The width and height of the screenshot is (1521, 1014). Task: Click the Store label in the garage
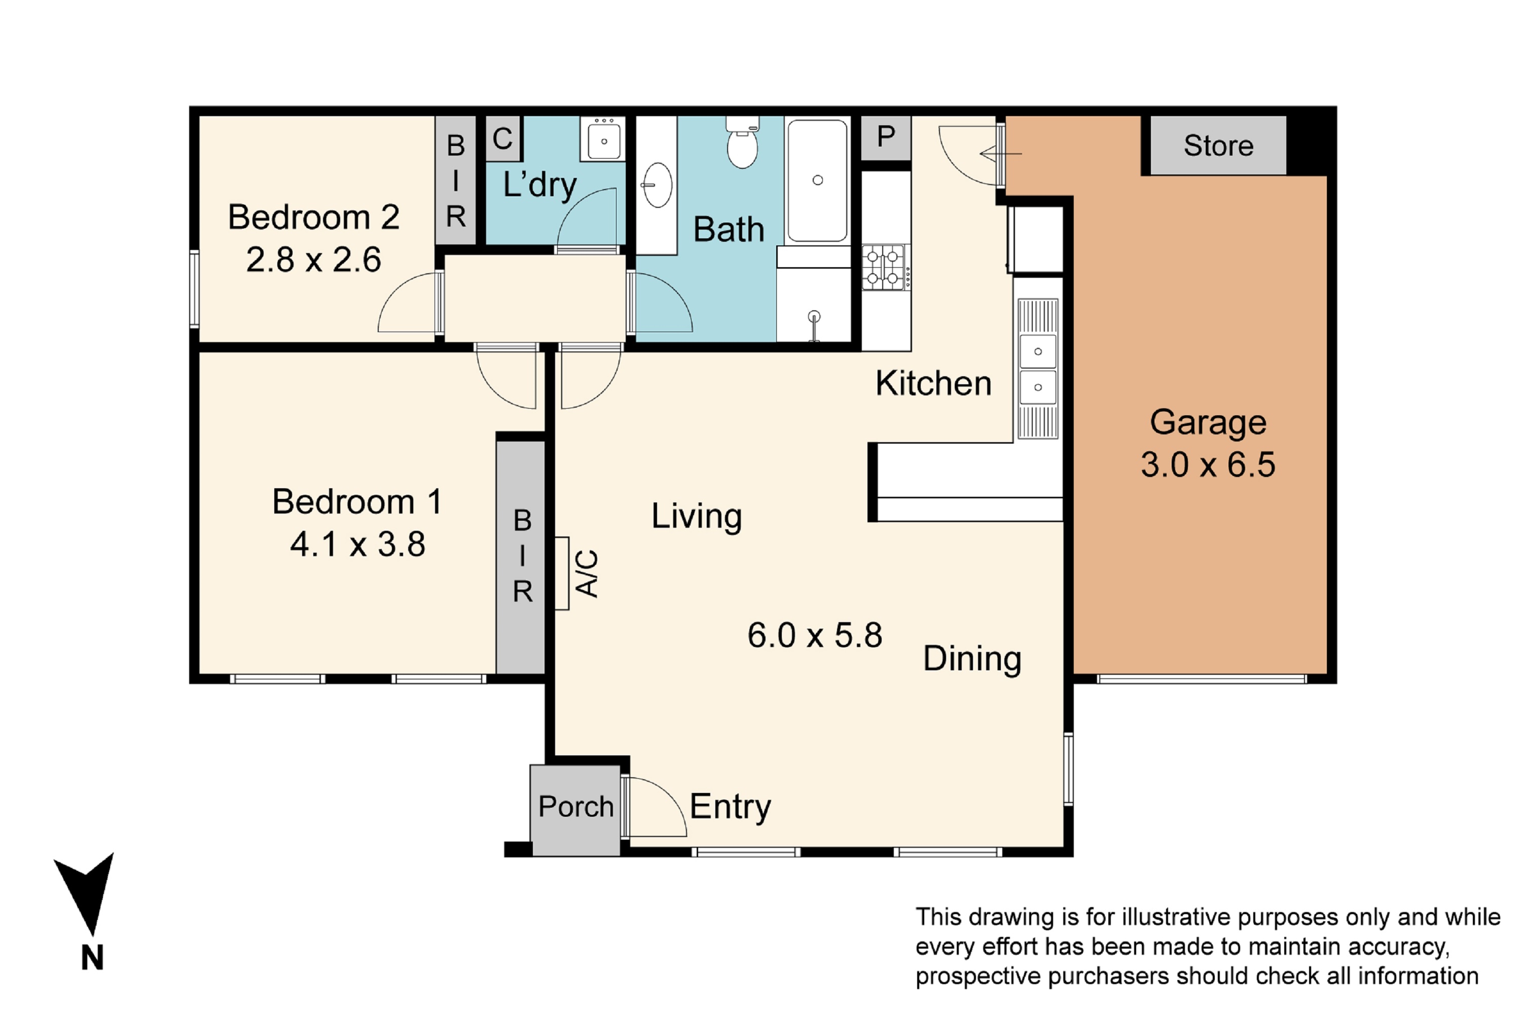click(1218, 146)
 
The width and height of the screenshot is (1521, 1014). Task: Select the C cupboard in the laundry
click(502, 138)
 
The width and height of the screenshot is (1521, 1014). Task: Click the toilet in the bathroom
click(742, 143)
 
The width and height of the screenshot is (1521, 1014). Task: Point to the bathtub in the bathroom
click(817, 180)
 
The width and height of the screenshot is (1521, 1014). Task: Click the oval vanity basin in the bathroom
click(657, 185)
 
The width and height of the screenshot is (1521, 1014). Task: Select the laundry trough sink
click(603, 138)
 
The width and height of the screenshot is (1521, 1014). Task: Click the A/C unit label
click(587, 573)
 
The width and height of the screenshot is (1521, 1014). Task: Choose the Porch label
click(575, 807)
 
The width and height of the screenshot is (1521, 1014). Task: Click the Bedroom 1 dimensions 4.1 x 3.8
click(357, 544)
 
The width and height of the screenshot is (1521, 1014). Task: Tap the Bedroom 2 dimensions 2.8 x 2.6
click(314, 259)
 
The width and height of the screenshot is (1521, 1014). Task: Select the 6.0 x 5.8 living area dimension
click(815, 635)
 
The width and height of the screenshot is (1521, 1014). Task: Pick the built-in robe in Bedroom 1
click(521, 557)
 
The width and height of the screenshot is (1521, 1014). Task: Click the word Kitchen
click(933, 383)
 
